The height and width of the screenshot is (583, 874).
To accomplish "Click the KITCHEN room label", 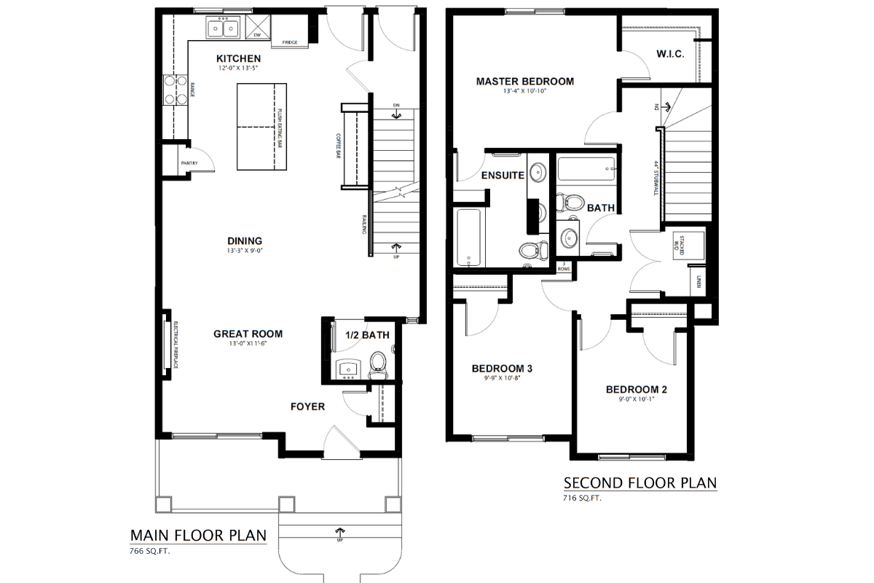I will (x=238, y=58).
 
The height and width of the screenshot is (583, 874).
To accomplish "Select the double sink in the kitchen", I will (x=224, y=28).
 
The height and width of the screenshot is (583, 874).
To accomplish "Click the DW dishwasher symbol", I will (x=257, y=29).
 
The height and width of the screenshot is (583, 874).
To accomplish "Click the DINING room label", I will (x=244, y=241).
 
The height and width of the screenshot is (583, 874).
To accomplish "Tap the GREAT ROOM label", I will (x=247, y=334).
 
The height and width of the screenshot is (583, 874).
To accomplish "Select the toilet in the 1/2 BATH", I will (x=378, y=362).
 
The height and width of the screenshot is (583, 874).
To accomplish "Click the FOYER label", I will (x=307, y=406).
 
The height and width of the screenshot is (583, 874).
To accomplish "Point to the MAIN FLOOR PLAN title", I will (x=198, y=536).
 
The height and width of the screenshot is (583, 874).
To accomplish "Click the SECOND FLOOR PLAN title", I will (x=640, y=482).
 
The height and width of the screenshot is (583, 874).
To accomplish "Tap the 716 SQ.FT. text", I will (x=583, y=498).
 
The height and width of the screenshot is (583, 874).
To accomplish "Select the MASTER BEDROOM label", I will (x=524, y=82).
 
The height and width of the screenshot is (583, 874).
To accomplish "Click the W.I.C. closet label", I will (x=669, y=54).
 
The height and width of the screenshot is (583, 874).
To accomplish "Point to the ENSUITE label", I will (x=503, y=176).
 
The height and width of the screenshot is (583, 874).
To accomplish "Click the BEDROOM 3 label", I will (x=502, y=369).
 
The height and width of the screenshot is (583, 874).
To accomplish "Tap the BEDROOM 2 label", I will (x=636, y=389).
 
